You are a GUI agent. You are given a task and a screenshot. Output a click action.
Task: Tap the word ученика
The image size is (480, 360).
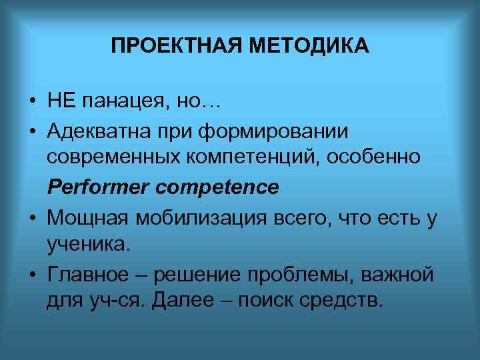[x=86, y=245]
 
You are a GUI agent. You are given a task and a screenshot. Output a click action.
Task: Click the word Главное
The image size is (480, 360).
[x=89, y=274]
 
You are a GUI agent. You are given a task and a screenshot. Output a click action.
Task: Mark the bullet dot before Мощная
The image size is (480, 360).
[x=32, y=218]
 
